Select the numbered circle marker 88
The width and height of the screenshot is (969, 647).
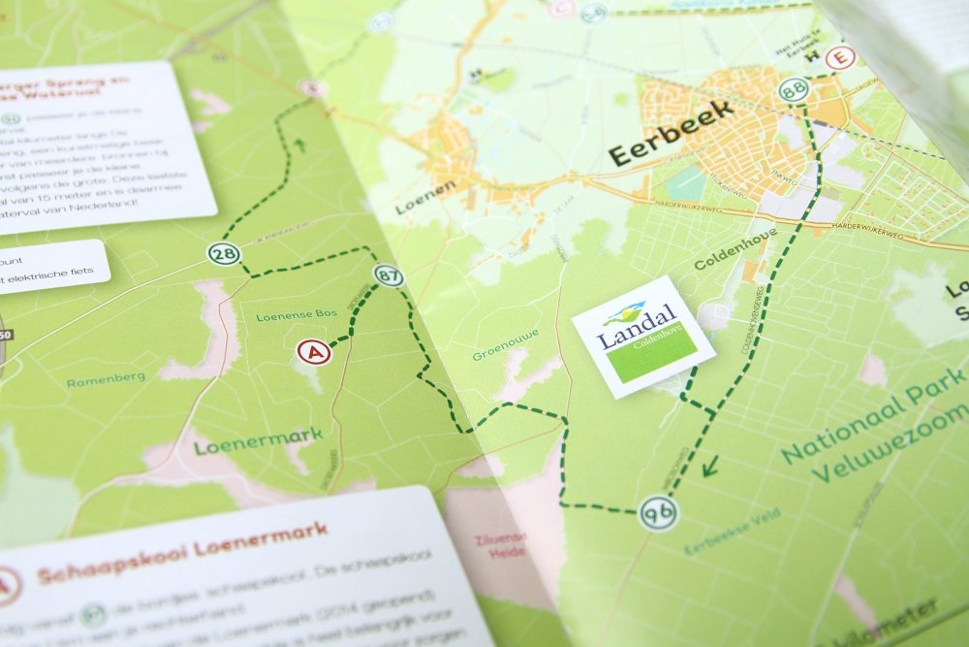[x=794, y=91]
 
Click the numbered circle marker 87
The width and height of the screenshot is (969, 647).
[x=389, y=275]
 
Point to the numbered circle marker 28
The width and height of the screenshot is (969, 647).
[x=222, y=254]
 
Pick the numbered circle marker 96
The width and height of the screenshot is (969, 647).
[x=659, y=511]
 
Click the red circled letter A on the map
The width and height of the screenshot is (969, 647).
[x=314, y=352]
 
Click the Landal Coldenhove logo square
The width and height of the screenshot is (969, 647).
[x=642, y=337]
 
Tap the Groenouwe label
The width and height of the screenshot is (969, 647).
[x=506, y=348]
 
